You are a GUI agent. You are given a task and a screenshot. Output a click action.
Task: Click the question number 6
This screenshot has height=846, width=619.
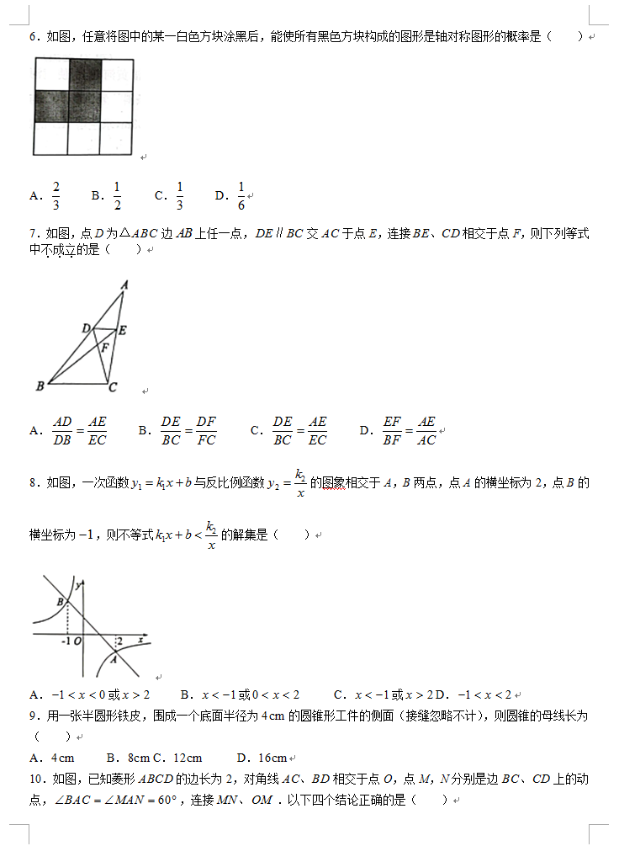(34, 37)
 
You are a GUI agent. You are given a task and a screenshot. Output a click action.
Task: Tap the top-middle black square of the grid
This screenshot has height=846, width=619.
(84, 74)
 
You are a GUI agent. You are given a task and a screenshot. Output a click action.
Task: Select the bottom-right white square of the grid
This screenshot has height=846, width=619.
(116, 138)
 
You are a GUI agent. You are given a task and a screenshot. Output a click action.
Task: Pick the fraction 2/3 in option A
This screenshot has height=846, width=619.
(56, 196)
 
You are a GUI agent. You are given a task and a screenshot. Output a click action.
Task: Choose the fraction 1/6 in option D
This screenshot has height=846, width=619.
(241, 196)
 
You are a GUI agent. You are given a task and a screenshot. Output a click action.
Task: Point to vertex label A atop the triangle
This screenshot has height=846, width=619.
(124, 285)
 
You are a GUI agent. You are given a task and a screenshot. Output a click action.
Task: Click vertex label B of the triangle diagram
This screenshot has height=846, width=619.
(40, 386)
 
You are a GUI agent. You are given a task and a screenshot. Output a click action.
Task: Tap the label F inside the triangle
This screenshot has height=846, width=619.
(105, 347)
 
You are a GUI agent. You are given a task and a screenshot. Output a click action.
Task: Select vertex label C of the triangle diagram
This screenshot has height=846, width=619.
(113, 388)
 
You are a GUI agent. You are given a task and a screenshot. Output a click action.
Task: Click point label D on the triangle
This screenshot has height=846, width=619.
(86, 327)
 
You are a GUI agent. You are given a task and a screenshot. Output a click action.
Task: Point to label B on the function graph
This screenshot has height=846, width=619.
(60, 602)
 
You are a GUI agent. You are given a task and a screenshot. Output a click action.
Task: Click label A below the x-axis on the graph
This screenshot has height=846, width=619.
(112, 660)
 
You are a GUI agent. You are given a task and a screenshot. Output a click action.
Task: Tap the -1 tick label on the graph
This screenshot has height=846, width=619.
(66, 641)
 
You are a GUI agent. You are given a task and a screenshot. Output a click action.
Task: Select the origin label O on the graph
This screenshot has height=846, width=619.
(77, 641)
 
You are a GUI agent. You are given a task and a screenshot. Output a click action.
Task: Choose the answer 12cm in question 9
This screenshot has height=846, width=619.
(183, 758)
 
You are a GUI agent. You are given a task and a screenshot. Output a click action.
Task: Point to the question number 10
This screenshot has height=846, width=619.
(36, 779)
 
